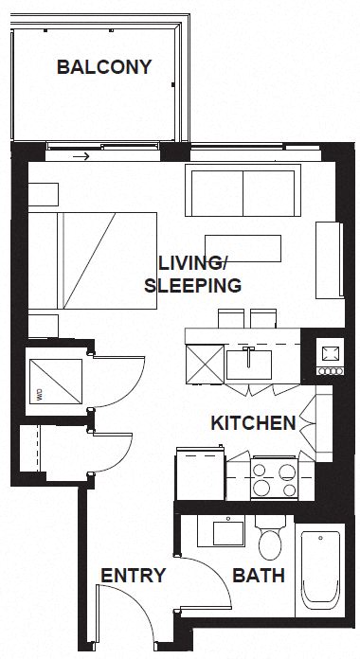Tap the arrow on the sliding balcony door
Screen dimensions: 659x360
click(x=84, y=155)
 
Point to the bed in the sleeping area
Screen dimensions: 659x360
click(x=95, y=259)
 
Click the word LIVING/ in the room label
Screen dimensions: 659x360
click(x=192, y=262)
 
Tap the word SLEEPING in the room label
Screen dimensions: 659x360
click(x=192, y=284)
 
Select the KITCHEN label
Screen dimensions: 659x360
click(x=252, y=423)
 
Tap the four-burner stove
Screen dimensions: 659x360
click(x=276, y=477)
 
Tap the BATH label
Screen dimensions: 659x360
click(x=258, y=576)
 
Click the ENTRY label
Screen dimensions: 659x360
click(x=134, y=576)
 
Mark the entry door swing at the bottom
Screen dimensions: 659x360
click(x=123, y=615)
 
